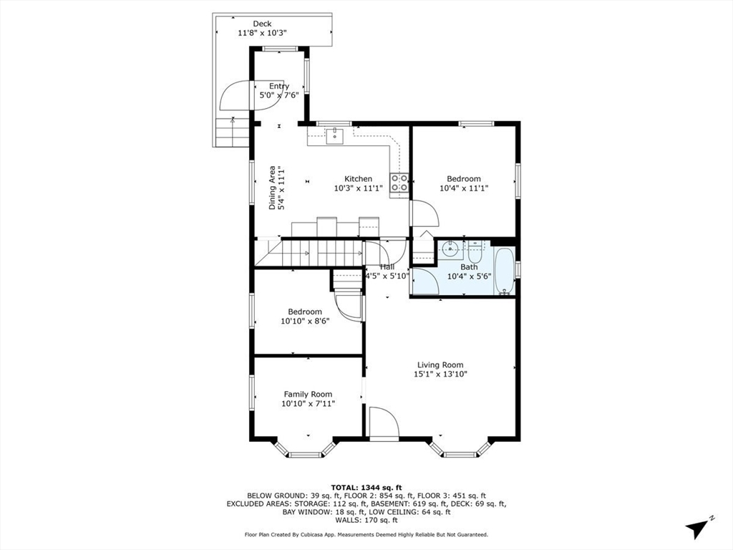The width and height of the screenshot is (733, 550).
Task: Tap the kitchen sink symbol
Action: (334, 135)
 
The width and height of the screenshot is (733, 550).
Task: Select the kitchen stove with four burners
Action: (399, 183)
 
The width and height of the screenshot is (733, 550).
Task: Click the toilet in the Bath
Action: (475, 252)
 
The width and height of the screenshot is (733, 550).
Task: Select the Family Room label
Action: (308, 394)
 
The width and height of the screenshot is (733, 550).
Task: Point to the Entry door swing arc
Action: (236, 95)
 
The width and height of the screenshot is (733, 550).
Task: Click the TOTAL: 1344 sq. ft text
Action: (366, 487)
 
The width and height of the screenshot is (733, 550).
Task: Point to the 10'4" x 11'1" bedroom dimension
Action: (464, 188)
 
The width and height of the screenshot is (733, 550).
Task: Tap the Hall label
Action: (387, 266)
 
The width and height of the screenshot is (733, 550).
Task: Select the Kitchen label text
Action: (358, 178)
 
